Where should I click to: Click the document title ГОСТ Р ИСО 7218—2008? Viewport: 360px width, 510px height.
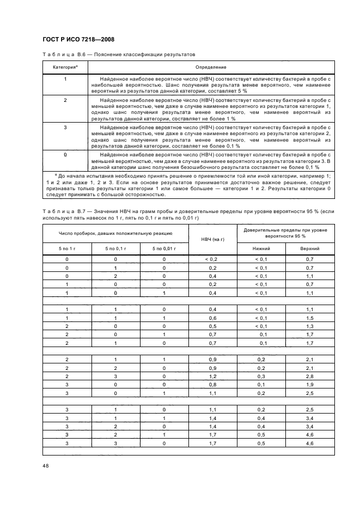(x=78, y=39)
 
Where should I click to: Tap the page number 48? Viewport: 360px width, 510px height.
(x=45, y=465)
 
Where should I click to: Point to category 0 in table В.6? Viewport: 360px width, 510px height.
(x=65, y=155)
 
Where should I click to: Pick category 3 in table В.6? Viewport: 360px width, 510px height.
(x=65, y=126)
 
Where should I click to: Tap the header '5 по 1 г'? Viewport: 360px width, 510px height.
(x=67, y=248)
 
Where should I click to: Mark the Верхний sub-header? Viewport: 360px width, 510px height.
(x=310, y=248)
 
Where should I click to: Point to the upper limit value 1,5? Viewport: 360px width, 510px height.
(x=310, y=318)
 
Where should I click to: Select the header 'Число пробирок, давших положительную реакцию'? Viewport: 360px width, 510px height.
(x=115, y=233)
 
